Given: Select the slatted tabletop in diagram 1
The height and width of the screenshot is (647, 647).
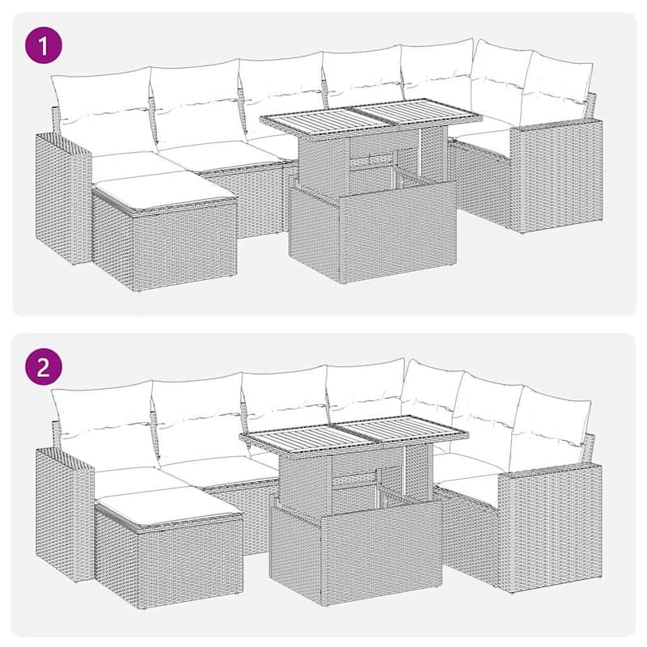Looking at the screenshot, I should pos(370,117).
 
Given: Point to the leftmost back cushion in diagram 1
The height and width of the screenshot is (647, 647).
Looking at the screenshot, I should pos(101,105).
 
